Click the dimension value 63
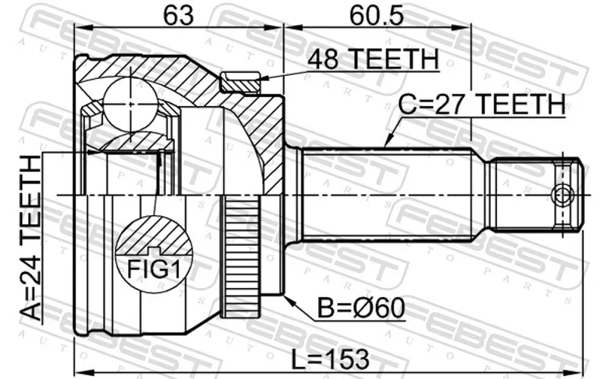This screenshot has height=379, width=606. tap(178, 15)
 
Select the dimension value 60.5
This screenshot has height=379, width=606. tap(376, 15)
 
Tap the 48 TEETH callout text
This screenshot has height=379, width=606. tap(373, 59)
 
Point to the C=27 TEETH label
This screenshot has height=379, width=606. tap(482, 104)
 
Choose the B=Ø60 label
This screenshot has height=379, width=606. tap(361, 309)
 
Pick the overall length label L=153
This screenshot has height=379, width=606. tap(330, 359)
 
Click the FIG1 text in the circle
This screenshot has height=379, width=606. tap(154, 269)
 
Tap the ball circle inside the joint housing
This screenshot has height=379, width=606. tap(130, 104)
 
